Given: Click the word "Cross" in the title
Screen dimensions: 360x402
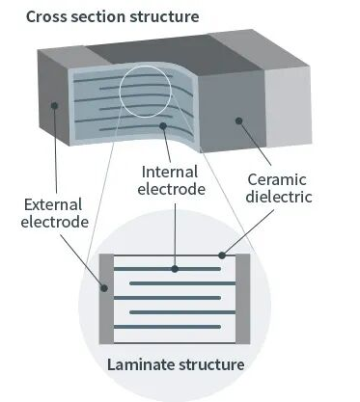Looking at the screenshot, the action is tap(46, 16).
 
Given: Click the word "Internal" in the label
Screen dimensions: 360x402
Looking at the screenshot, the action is tap(170, 172).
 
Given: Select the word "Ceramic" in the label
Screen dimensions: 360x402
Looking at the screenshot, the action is tap(277, 179).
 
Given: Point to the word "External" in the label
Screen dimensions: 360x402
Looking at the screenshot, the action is tap(53, 204).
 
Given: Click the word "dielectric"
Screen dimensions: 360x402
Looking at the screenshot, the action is tap(279, 197).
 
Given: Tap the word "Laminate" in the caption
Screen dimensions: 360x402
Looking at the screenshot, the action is tap(141, 364).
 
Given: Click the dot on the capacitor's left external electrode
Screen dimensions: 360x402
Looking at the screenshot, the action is tap(54, 105).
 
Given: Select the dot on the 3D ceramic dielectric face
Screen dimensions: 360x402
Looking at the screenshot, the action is tap(238, 121).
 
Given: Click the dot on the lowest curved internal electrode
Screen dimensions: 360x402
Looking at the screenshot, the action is tap(163, 125).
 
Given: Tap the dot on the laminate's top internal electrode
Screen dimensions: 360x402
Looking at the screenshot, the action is tap(175, 269).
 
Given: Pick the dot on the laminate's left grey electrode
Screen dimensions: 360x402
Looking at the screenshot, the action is tap(104, 288).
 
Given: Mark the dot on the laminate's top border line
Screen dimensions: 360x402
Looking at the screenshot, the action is tap(222, 255).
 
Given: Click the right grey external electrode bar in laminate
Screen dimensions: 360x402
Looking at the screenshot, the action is tap(243, 299).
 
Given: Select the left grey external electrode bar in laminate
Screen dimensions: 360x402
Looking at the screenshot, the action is tap(106, 299).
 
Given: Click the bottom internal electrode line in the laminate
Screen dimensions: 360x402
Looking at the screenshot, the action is tap(167, 327).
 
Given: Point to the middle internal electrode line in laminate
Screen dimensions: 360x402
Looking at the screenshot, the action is tap(167, 298).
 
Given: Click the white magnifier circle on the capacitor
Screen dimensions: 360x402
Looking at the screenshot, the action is tap(120, 92).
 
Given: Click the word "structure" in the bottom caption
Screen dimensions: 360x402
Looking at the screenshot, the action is tap(211, 364).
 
